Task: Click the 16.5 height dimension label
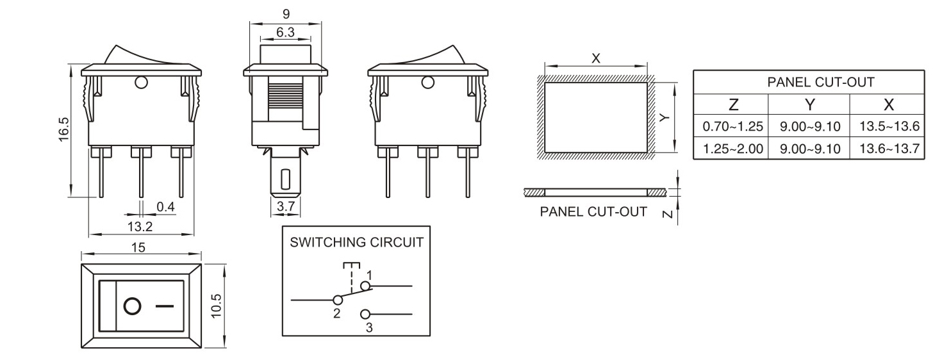64,129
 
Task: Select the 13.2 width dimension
139,226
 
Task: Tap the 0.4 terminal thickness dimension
166,207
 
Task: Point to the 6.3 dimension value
285,32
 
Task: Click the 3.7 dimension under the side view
285,207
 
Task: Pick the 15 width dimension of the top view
138,248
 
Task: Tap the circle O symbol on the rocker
132,306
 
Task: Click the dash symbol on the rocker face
165,306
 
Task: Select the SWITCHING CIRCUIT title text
356,243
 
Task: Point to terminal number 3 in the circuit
368,327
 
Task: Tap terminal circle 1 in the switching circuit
366,286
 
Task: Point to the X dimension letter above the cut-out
596,58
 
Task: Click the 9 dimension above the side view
285,13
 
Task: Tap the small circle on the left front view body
141,82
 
